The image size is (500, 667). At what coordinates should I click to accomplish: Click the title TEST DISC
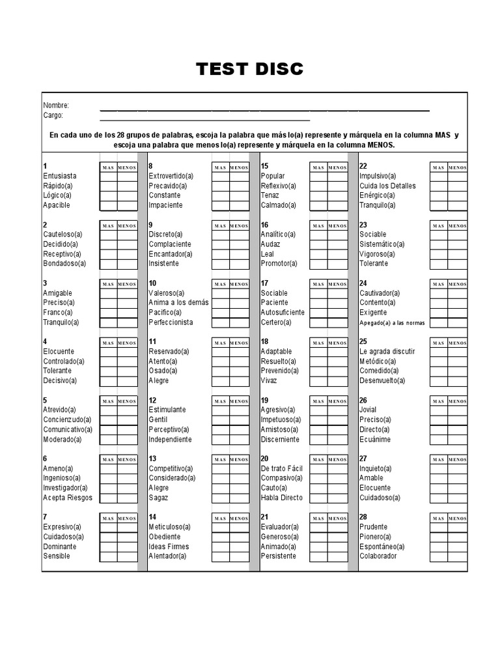[x=250, y=69]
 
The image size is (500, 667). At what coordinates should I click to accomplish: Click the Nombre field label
[x=56, y=106]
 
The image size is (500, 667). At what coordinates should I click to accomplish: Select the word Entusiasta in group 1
[x=60, y=176]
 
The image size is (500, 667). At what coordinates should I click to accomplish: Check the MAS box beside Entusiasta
[x=108, y=176]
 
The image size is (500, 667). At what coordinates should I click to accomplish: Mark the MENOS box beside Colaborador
[x=457, y=556]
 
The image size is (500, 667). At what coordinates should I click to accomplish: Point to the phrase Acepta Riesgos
[x=68, y=498]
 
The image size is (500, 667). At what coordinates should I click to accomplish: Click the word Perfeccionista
[x=171, y=322]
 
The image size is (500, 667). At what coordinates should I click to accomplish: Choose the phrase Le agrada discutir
[x=387, y=352]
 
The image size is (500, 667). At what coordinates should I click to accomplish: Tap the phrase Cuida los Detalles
[x=387, y=186]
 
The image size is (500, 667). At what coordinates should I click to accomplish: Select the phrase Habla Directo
[x=281, y=498]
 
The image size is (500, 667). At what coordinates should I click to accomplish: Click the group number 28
[x=363, y=517]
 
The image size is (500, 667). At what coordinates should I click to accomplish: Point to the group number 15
[x=264, y=166]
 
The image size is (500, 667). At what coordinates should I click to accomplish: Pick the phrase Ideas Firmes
[x=169, y=546]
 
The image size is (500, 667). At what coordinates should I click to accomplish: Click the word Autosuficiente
[x=283, y=313]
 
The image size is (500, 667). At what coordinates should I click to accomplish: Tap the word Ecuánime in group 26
[x=375, y=440]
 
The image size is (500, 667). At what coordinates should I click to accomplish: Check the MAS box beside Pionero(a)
[x=438, y=537]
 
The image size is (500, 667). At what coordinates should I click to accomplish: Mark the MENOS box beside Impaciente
[x=239, y=205]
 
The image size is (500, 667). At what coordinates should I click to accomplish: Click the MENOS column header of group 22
[x=457, y=167]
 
